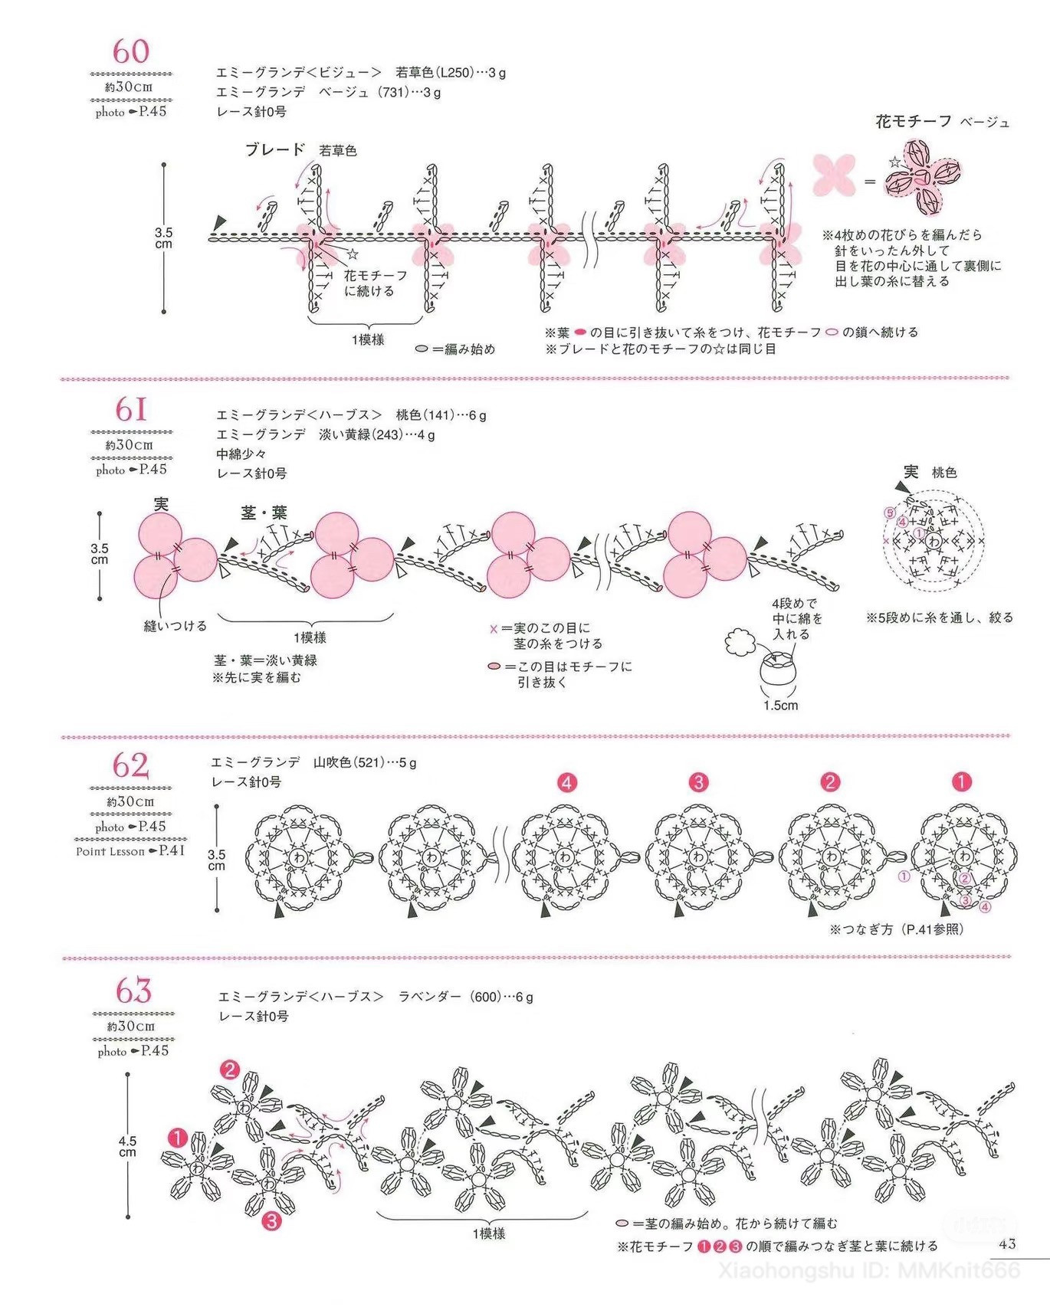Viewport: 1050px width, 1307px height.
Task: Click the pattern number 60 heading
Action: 131,52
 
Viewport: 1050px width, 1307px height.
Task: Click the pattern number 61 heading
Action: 131,409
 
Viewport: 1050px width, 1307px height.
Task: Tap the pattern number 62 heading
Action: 130,765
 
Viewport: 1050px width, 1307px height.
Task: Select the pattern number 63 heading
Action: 133,991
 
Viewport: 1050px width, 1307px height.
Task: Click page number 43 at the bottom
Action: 1007,1243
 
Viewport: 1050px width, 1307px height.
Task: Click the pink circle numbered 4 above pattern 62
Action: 566,783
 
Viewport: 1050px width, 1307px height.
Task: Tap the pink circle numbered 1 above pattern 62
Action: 961,782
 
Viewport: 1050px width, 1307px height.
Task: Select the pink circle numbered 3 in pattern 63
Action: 271,1220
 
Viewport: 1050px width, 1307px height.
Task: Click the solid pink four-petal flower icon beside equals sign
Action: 834,174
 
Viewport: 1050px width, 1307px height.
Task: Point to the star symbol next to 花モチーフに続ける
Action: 353,254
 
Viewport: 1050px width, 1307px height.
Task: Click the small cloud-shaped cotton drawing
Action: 740,641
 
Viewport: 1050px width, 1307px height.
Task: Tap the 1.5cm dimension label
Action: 780,706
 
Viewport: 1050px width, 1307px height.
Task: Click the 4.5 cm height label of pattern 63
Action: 127,1146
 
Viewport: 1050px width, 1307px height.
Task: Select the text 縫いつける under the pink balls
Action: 176,626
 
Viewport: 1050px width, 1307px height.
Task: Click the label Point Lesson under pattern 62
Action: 110,851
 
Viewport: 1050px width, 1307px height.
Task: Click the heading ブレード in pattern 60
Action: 275,149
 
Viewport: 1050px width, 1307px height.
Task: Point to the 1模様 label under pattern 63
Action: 488,1233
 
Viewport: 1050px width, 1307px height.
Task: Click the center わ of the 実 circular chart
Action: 933,541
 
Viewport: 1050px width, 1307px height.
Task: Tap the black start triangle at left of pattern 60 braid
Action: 221,221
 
